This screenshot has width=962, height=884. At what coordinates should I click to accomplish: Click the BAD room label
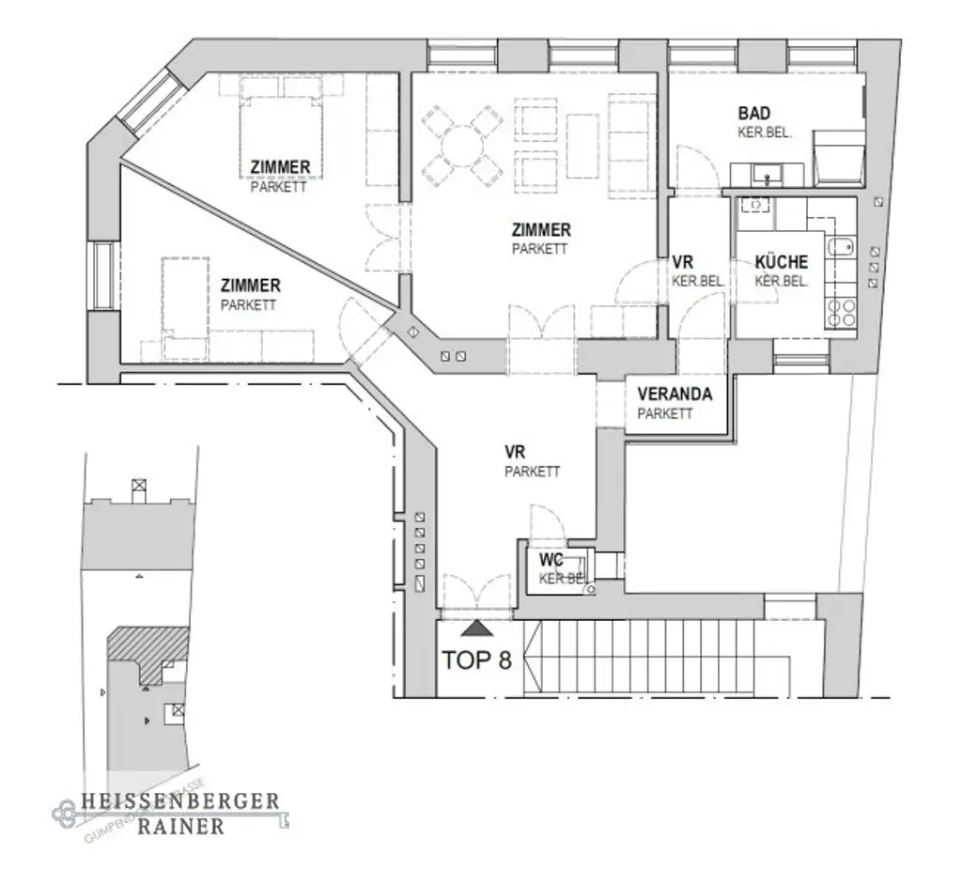(754, 114)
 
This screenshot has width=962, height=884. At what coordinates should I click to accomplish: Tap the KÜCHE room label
(781, 263)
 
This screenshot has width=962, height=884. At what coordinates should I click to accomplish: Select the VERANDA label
(674, 395)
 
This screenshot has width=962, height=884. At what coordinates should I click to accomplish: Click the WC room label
(551, 561)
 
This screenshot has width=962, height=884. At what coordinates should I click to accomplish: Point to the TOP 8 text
(476, 660)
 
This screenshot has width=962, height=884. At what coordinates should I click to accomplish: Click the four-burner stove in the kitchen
(839, 312)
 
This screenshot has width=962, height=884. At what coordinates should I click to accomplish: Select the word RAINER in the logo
(180, 827)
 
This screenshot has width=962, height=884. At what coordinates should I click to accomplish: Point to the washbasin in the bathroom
(768, 174)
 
